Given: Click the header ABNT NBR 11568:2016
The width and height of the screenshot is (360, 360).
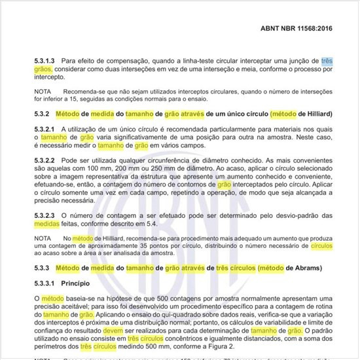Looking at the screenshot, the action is pos(304,29).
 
